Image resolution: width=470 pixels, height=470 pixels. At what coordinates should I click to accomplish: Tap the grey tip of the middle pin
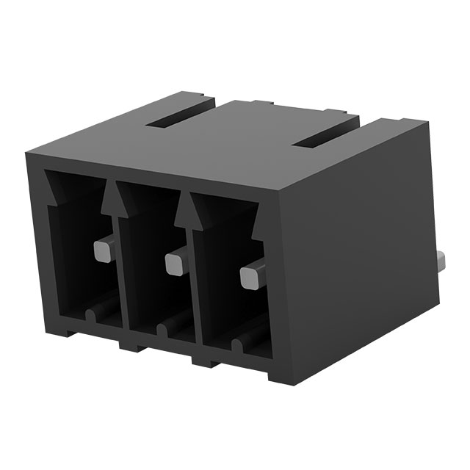click(175, 263)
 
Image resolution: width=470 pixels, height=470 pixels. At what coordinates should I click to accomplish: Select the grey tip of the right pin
click(251, 276)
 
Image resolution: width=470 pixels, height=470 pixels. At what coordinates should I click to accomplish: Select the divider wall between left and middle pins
click(120, 272)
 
